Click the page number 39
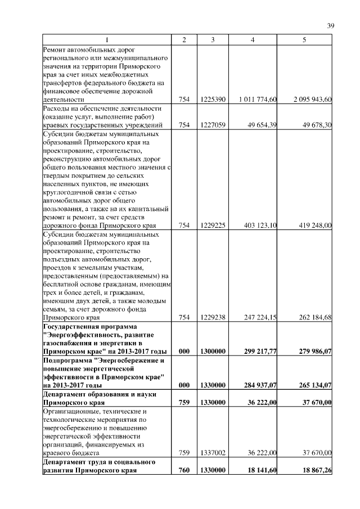point(331,25)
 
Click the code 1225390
point(213,100)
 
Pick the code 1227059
point(213,125)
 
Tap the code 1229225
point(213,226)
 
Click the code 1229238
point(213,317)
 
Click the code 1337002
point(213,452)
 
